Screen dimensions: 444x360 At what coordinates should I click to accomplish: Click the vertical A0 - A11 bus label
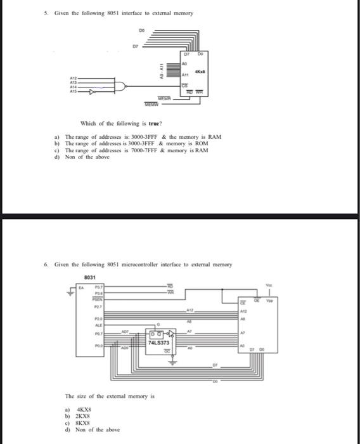coord(162,69)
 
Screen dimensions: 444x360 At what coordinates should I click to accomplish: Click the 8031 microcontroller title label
coord(90,277)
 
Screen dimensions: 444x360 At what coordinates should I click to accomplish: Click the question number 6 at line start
coord(48,264)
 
